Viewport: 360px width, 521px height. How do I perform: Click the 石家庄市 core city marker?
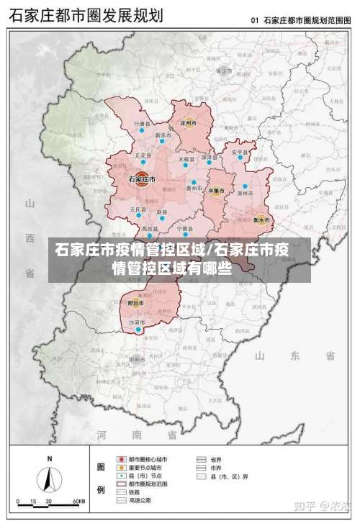(142, 181)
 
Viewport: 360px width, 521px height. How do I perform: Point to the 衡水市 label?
(261, 219)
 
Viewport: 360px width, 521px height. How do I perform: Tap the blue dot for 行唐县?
(143, 132)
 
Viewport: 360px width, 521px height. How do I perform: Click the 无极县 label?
(186, 158)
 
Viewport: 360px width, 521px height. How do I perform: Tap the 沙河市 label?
(136, 323)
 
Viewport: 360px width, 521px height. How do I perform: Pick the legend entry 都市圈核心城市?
(147, 458)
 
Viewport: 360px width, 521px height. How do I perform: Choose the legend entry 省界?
(215, 458)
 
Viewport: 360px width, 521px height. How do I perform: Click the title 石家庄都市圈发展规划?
(85, 15)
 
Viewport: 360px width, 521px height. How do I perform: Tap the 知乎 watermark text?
(308, 507)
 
